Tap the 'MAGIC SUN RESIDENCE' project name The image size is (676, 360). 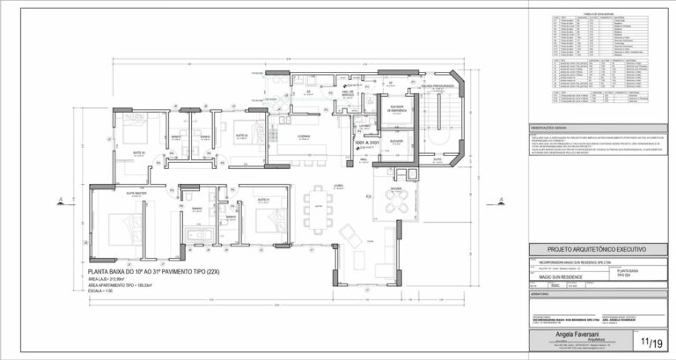click(554, 277)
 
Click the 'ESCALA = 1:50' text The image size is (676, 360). click(103, 290)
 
